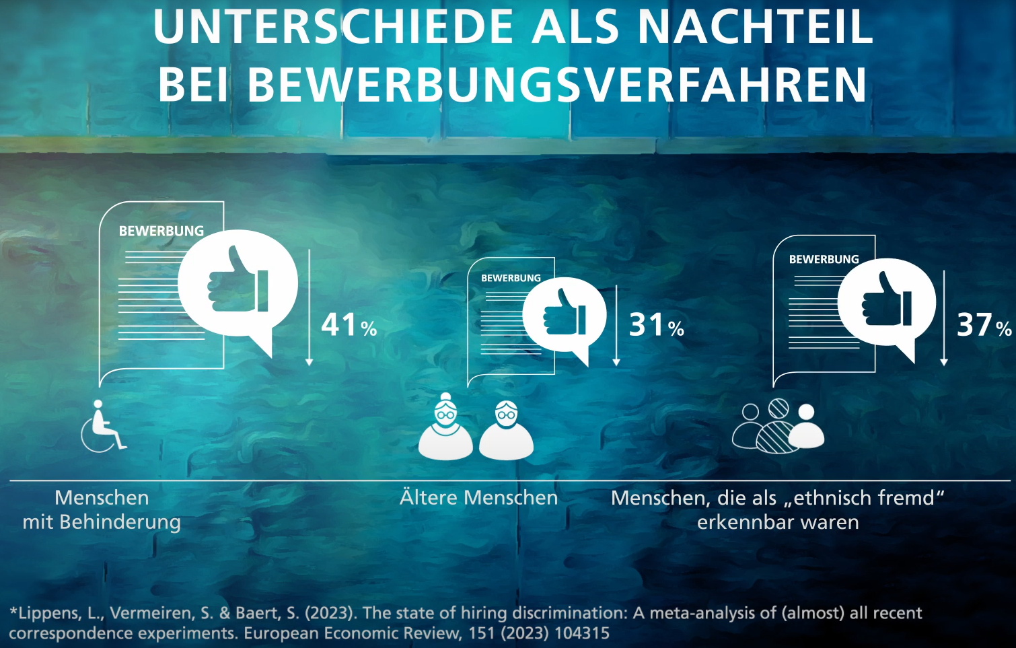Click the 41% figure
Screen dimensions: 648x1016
pyautogui.click(x=349, y=325)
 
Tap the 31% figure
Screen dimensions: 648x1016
pyautogui.click(x=656, y=326)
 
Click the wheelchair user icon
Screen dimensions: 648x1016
pyautogui.click(x=104, y=427)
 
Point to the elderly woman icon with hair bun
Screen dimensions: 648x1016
pyautogui.click(x=445, y=428)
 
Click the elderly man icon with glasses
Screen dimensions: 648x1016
pyautogui.click(x=506, y=431)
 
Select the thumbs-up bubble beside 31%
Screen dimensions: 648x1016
pyautogui.click(x=565, y=314)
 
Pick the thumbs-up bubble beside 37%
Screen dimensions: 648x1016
pyautogui.click(x=887, y=303)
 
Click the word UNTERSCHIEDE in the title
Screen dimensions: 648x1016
pyautogui.click(x=333, y=27)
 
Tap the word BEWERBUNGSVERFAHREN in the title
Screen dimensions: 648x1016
pyautogui.click(x=557, y=85)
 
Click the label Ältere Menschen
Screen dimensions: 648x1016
pyautogui.click(x=478, y=498)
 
